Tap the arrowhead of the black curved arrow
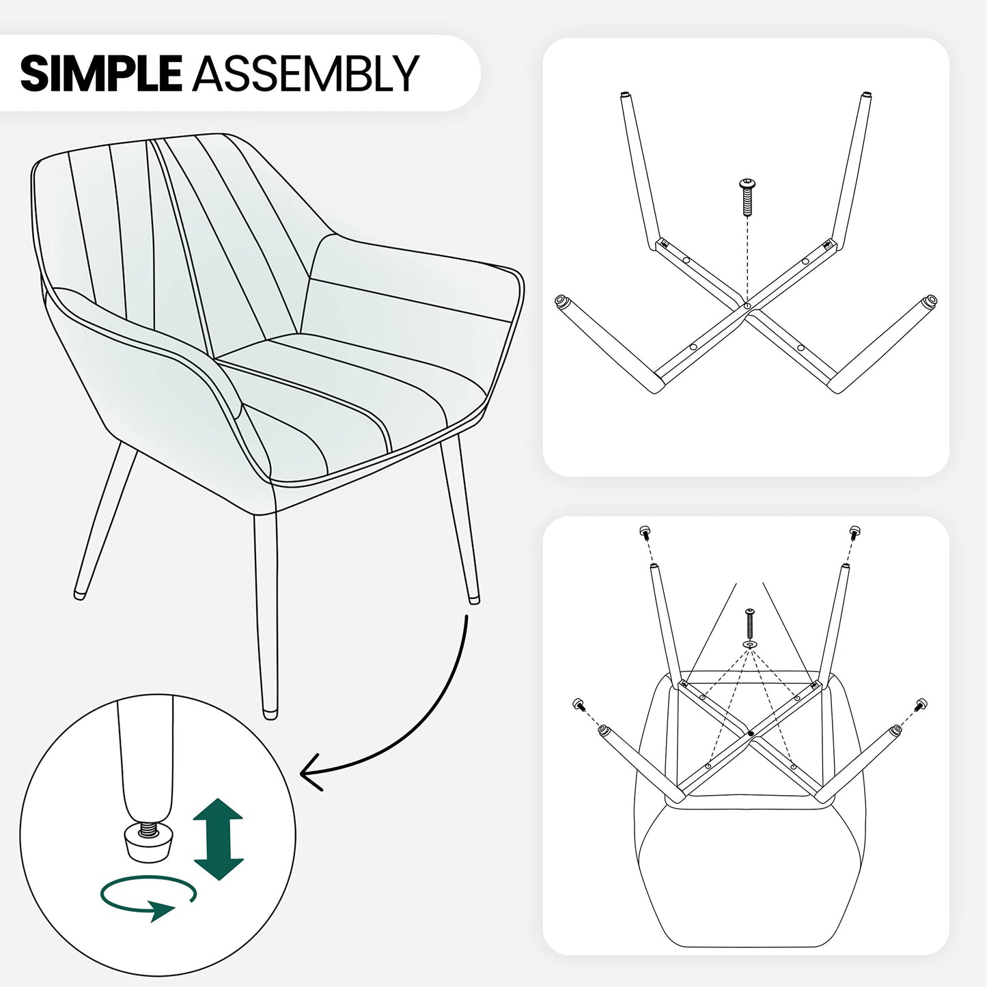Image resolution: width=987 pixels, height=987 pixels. tap(311, 772)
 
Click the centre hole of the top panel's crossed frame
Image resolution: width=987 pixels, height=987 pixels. tap(747, 305)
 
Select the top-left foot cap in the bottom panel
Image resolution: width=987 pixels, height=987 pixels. tap(645, 532)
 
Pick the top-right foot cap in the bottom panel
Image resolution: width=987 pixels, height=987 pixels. tap(854, 532)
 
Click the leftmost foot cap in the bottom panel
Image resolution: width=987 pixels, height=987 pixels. tap(579, 704)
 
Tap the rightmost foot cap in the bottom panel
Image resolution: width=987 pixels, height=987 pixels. tap(921, 704)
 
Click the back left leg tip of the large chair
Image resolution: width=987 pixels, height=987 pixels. tap(79, 595)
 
